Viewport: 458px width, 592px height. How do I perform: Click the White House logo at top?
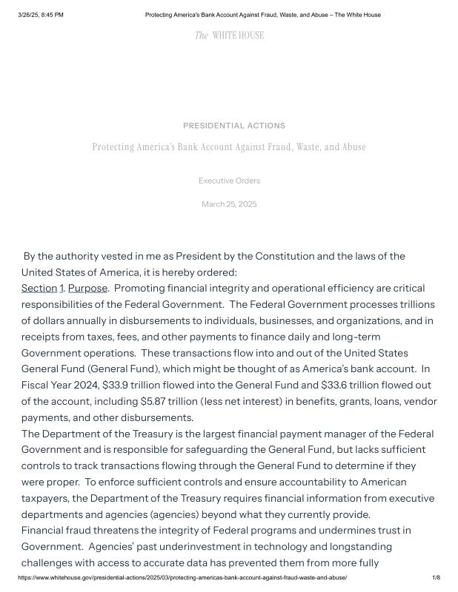pyautogui.click(x=229, y=36)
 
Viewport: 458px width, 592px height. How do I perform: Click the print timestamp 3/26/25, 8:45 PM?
pyautogui.click(x=41, y=15)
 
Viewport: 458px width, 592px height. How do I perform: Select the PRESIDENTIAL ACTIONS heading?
pyautogui.click(x=234, y=126)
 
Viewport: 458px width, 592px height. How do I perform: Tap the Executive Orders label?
pyautogui.click(x=229, y=181)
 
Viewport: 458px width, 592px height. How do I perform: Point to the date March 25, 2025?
pyautogui.click(x=229, y=204)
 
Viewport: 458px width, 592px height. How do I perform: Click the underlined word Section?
pyautogui.click(x=39, y=288)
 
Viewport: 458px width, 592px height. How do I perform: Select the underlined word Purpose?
pyautogui.click(x=87, y=288)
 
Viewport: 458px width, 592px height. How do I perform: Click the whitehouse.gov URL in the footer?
pyautogui.click(x=182, y=578)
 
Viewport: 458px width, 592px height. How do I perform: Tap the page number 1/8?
pyautogui.click(x=436, y=578)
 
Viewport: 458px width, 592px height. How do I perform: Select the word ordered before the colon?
pyautogui.click(x=214, y=272)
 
